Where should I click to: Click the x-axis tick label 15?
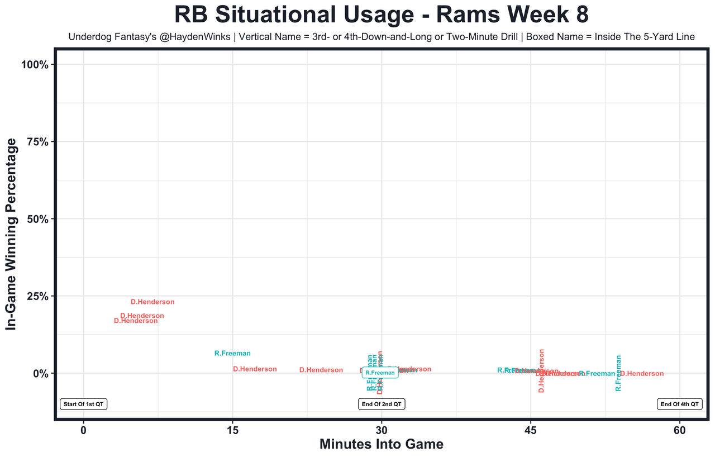tap(232, 431)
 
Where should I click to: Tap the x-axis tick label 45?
tap(531, 431)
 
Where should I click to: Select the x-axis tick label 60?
tap(679, 431)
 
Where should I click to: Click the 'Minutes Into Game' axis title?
tap(382, 445)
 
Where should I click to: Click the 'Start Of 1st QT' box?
tap(84, 404)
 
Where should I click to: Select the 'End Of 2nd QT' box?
tap(382, 404)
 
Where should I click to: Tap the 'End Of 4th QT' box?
tap(679, 404)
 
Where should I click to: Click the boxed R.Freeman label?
tap(380, 373)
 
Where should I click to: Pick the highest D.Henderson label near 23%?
tap(152, 302)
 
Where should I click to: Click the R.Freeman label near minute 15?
tap(232, 354)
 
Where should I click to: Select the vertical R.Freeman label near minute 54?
tap(618, 373)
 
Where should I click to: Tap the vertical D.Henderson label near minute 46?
tap(541, 371)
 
